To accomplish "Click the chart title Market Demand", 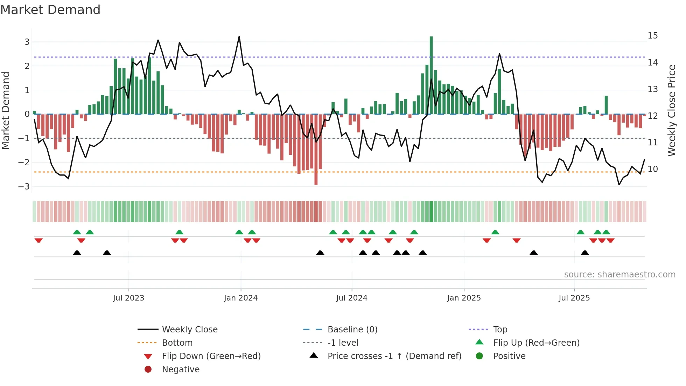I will [x=50, y=10].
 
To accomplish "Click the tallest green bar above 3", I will [x=431, y=75].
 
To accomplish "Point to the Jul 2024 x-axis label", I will [x=352, y=298].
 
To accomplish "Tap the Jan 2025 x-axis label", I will [x=464, y=298].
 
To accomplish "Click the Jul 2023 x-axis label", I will [x=128, y=298].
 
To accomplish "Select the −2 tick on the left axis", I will [x=24, y=163].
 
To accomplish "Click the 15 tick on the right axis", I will [x=653, y=36].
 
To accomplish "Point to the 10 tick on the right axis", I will [x=653, y=169].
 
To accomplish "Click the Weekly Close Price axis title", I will [x=671, y=110].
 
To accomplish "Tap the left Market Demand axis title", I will [x=6, y=110].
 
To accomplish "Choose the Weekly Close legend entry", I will [x=189, y=330].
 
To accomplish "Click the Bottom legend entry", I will [x=177, y=343].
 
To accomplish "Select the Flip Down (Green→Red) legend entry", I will [x=211, y=356].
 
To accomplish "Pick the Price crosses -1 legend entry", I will [x=394, y=356].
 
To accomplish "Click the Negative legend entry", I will [x=181, y=370].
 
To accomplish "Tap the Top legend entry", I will [x=500, y=330].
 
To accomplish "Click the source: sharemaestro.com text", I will [x=619, y=275].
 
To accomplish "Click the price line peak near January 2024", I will [x=239, y=37].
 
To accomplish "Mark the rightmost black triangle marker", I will [x=585, y=253].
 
